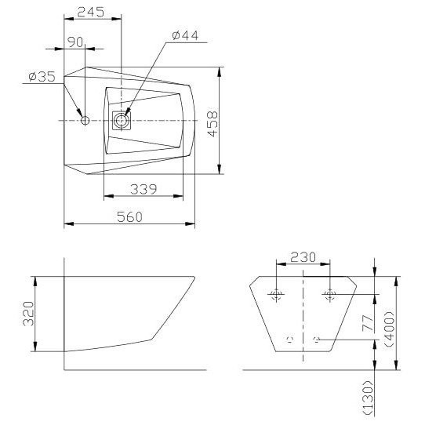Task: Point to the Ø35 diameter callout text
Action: click(x=41, y=76)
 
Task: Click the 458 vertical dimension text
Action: click(x=212, y=123)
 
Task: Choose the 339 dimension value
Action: click(x=143, y=189)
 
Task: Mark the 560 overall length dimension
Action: click(x=129, y=216)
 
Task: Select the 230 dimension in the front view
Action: click(x=303, y=257)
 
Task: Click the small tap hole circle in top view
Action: click(x=85, y=120)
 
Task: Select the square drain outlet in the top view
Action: click(x=121, y=120)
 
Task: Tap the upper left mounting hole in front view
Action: click(x=275, y=295)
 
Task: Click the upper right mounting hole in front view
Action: click(x=329, y=295)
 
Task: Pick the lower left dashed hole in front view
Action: click(x=289, y=340)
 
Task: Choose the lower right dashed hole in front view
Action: click(x=316, y=340)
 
